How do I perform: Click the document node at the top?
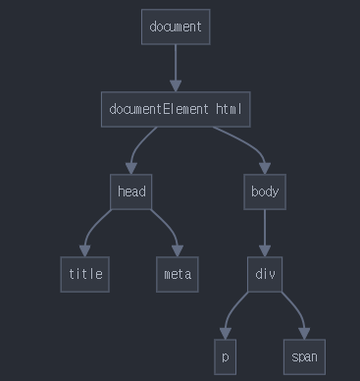[x=176, y=27]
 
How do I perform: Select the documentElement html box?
[x=176, y=109]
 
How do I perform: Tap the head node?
[x=131, y=191]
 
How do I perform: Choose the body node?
[x=265, y=191]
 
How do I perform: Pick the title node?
[x=85, y=274]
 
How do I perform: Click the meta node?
[x=178, y=274]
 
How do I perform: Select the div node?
[x=265, y=274]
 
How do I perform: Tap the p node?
[x=225, y=356]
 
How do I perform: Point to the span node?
[x=304, y=356]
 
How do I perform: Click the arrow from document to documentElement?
[x=176, y=68]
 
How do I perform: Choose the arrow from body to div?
[x=265, y=233]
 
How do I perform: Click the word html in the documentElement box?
[x=229, y=109]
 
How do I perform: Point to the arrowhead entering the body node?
[x=265, y=168]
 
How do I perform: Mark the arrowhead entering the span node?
[x=304, y=333]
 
